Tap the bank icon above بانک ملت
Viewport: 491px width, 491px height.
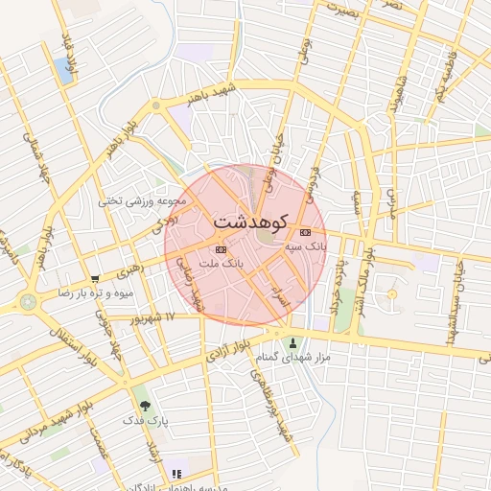click(222, 248)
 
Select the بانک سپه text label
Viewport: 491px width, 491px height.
click(306, 246)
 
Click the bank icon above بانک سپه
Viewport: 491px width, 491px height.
click(306, 233)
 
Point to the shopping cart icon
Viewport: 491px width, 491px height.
click(94, 278)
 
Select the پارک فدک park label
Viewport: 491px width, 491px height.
click(144, 420)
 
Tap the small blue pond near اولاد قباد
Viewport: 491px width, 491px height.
click(62, 68)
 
